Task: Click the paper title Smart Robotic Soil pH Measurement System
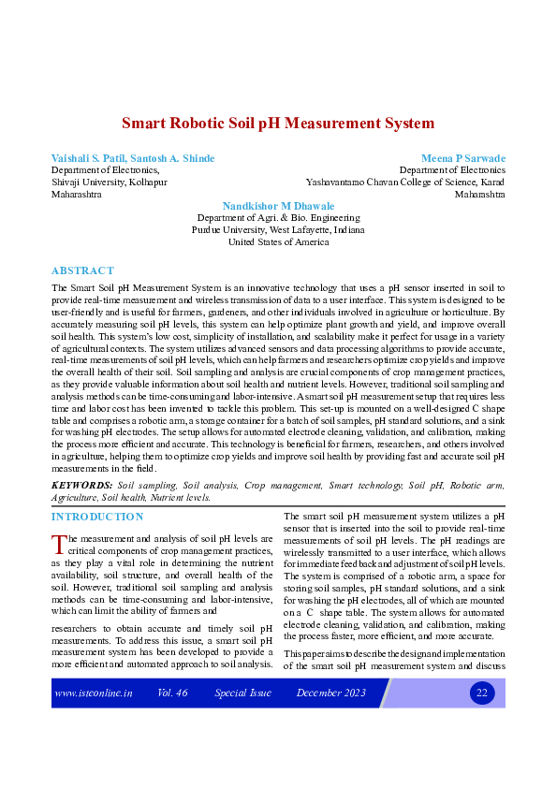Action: tap(278, 123)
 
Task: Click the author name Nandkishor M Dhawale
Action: tap(278, 205)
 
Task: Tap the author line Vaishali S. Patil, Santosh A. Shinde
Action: tap(132, 158)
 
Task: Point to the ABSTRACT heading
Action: tap(82, 270)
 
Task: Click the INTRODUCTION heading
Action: tap(97, 517)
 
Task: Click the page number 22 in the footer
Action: tap(482, 693)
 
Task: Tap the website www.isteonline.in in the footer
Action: tap(94, 693)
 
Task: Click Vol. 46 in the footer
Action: tap(173, 693)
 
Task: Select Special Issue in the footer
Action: tap(242, 693)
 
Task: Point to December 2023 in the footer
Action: tap(329, 693)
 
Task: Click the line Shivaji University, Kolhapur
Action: tap(109, 182)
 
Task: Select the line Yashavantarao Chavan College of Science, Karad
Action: tap(405, 182)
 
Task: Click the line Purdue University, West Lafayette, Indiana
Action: tap(278, 229)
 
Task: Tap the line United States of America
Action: tap(278, 241)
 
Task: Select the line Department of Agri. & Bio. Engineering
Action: tap(278, 217)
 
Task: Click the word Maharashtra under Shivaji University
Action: tap(76, 195)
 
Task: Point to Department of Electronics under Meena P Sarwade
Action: tap(451, 170)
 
